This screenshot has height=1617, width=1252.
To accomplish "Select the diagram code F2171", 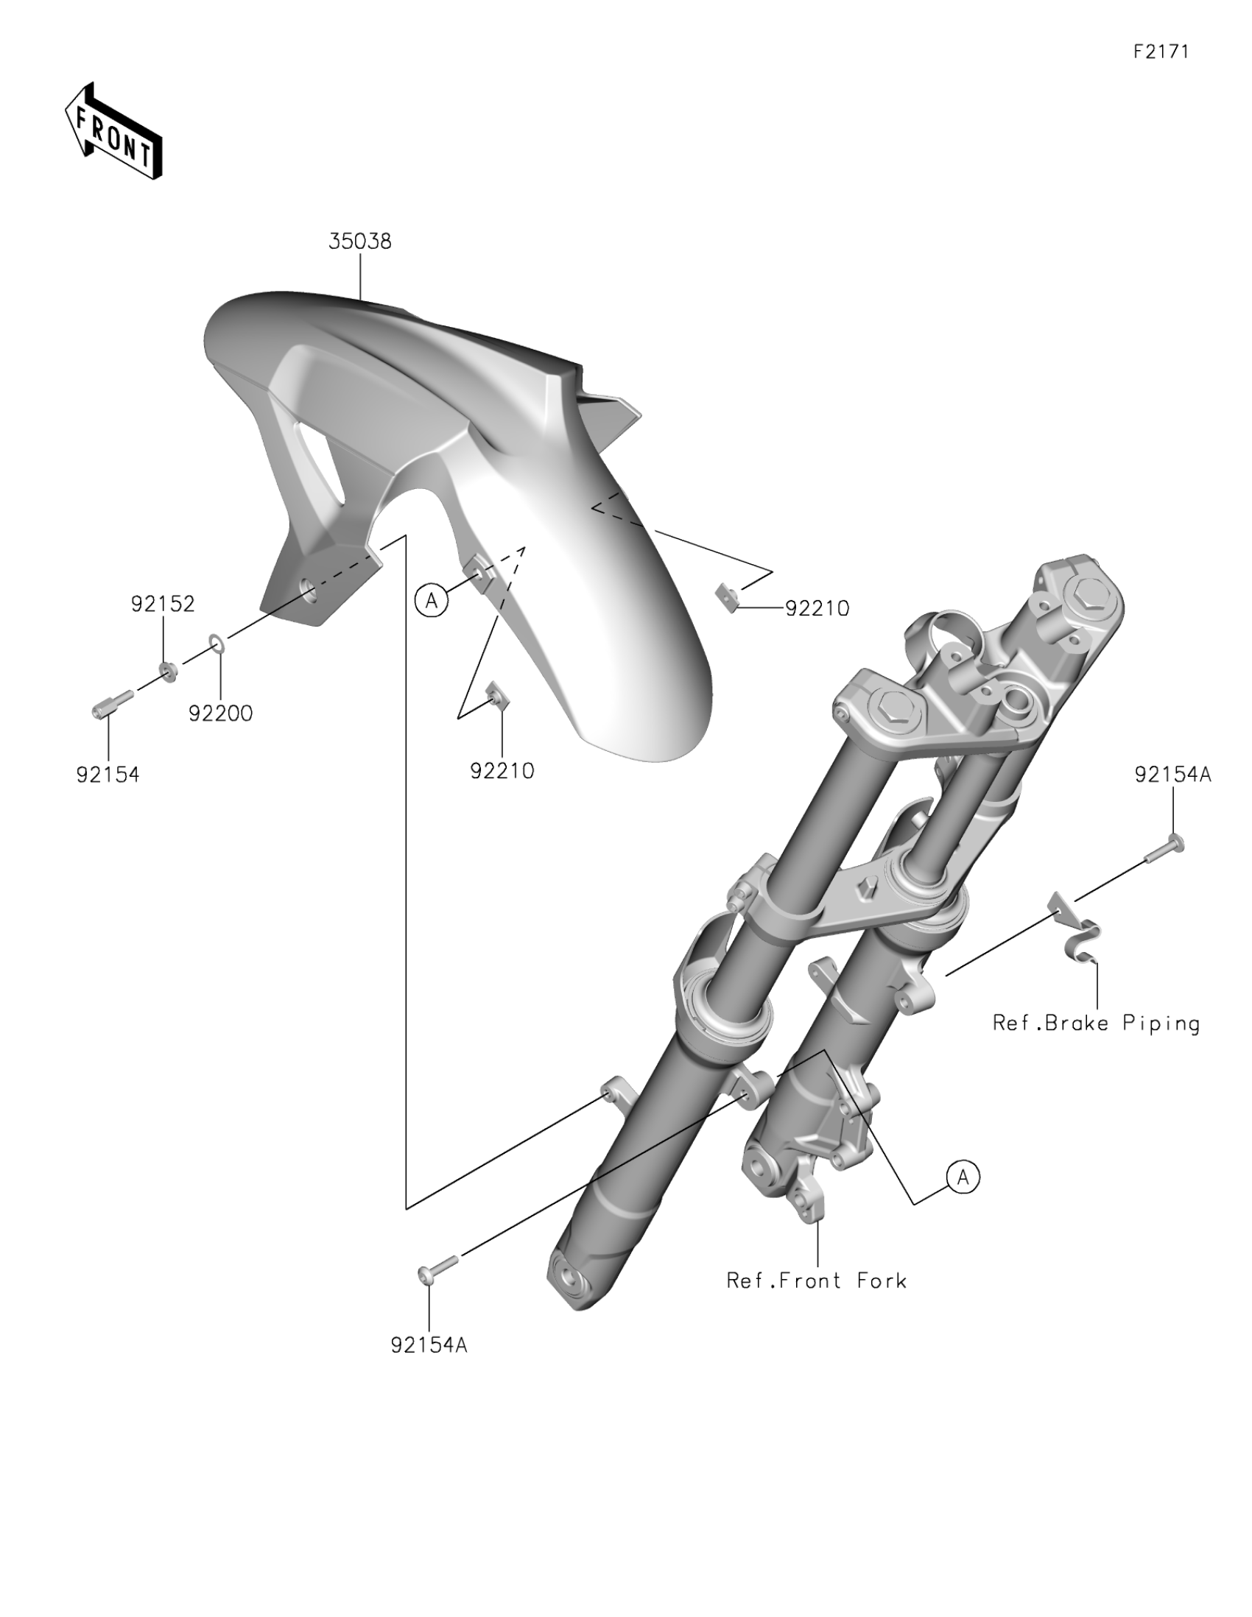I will pos(1161,52).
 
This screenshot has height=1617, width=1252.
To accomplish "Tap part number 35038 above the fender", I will pos(360,242).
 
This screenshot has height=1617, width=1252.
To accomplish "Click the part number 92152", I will pos(163,604).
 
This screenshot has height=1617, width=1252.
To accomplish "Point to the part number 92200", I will pos(221,714).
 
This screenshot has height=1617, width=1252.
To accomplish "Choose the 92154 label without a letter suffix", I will pos(108,775).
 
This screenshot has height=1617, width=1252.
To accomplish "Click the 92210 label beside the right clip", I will pos(817,609).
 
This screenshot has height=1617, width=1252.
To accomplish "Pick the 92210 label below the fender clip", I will pos(502,772).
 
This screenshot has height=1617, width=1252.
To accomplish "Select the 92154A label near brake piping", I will pos(1172,775).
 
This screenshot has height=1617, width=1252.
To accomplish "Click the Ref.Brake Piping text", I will pos(1096,1024).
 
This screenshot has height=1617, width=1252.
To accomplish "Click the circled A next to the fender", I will pos(431,601).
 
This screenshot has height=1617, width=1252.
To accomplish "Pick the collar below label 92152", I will pos(168,672).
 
